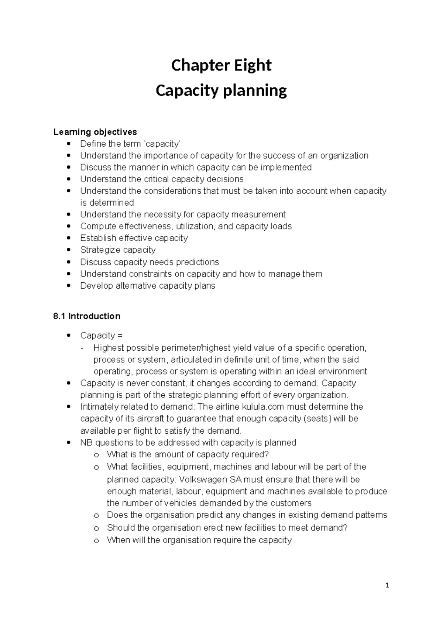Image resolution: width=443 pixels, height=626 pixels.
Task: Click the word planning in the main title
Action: (254, 91)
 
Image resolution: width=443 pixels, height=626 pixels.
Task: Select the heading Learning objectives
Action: (95, 132)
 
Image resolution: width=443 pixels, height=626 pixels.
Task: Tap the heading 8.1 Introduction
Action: (87, 316)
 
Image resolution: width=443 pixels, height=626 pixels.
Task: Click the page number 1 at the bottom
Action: (387, 585)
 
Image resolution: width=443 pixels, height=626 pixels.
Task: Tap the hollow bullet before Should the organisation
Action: (96, 528)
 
